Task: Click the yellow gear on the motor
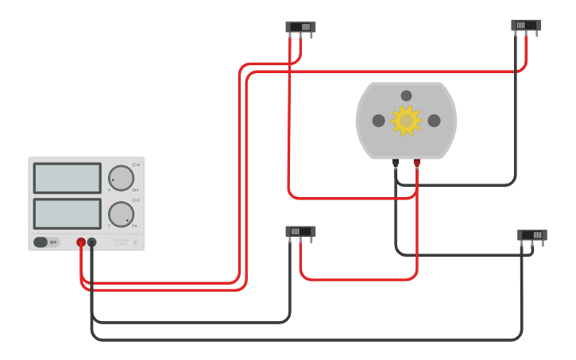[406, 121]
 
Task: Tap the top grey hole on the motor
[406, 95]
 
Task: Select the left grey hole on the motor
[378, 121]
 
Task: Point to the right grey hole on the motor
[434, 121]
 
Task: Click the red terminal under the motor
[416, 162]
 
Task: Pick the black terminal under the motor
[396, 162]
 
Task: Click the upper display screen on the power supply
[68, 178]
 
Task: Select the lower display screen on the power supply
[68, 214]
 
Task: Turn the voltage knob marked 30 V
[121, 178]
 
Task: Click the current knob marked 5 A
[121, 214]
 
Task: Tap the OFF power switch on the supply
[46, 242]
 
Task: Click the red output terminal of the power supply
[81, 242]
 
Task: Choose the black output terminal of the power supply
[92, 242]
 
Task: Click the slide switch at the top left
[300, 27]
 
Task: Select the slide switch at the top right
[526, 25]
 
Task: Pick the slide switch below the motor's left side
[300, 231]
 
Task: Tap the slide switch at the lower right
[532, 235]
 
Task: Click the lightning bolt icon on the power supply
[135, 242]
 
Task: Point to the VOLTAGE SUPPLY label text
[121, 242]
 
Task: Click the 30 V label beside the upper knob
[135, 191]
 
